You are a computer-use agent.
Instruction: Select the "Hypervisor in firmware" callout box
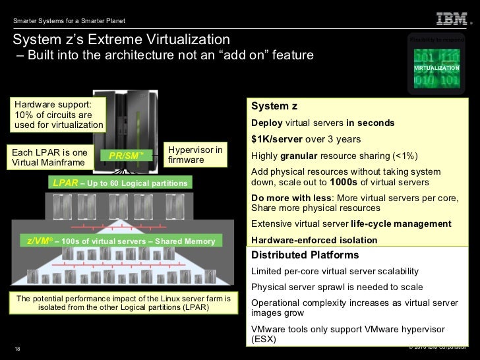[195, 155]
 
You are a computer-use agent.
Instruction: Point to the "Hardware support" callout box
[58, 115]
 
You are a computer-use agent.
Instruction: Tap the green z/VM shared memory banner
[121, 241]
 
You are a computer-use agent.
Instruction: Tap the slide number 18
[17, 349]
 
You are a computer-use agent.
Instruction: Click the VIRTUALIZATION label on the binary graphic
[436, 69]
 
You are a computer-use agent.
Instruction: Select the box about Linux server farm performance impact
[123, 303]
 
